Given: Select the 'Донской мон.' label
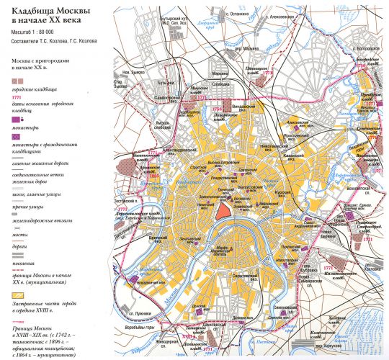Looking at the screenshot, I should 192,306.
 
